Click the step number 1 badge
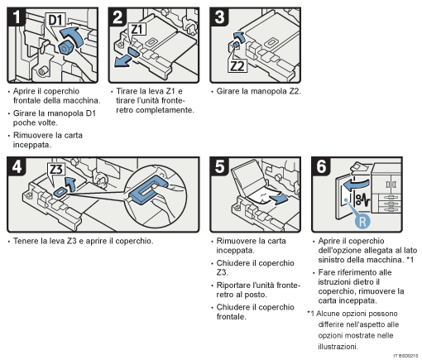[17, 17]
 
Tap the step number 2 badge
[117, 17]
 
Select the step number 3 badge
[219, 17]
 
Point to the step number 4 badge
[17, 166]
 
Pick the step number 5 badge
[219, 166]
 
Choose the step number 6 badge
[321, 166]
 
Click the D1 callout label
[56, 20]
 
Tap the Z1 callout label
[137, 29]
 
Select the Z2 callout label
[237, 66]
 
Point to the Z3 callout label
[56, 170]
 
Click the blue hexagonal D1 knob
[65, 48]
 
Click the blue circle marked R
[362, 221]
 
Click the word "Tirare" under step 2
[127, 91]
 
